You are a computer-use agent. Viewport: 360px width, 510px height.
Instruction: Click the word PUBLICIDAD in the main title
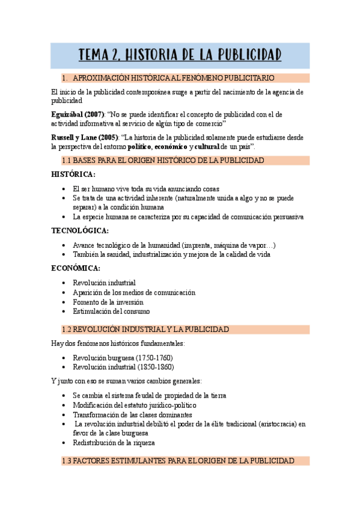click(x=248, y=55)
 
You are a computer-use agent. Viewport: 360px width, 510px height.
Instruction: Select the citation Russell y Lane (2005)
click(x=85, y=137)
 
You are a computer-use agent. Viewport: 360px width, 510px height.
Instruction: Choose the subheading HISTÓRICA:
click(x=73, y=174)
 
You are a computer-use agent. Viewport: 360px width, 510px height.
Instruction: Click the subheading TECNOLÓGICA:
click(x=80, y=230)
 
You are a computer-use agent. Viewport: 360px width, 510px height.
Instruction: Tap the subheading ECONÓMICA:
click(x=76, y=268)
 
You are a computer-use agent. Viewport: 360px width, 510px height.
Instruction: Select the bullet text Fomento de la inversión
click(x=108, y=302)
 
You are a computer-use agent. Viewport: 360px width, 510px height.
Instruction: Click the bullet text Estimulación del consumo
click(x=111, y=312)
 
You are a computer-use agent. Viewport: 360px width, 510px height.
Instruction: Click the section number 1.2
click(x=67, y=330)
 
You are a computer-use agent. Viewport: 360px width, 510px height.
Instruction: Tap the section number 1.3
click(x=67, y=461)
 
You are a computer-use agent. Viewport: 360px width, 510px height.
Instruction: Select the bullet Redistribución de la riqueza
click(x=114, y=443)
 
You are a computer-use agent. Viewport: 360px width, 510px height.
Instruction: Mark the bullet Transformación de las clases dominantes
click(x=133, y=414)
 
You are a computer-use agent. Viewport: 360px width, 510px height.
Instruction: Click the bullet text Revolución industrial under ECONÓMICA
click(x=104, y=283)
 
